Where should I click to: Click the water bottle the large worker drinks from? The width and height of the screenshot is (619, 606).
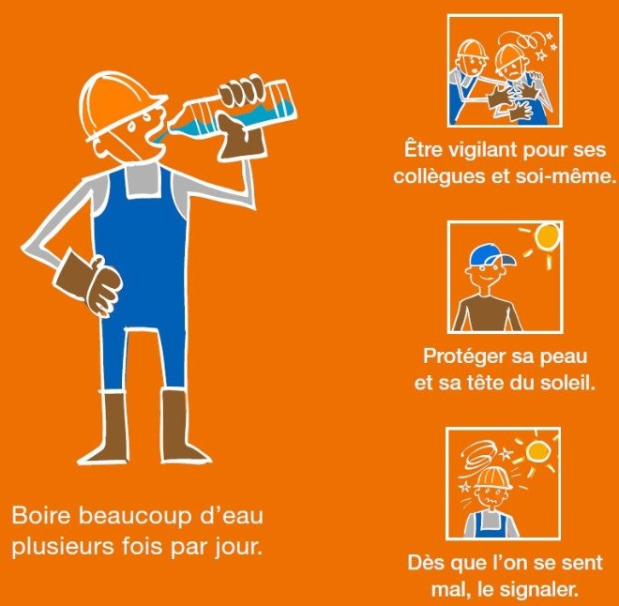233,108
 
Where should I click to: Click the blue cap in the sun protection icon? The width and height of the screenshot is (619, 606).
491,255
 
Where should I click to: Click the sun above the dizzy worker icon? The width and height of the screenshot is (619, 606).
537,451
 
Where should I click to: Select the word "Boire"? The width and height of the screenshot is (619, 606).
40,516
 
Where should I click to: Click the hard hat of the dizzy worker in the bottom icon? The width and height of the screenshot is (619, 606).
493,477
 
